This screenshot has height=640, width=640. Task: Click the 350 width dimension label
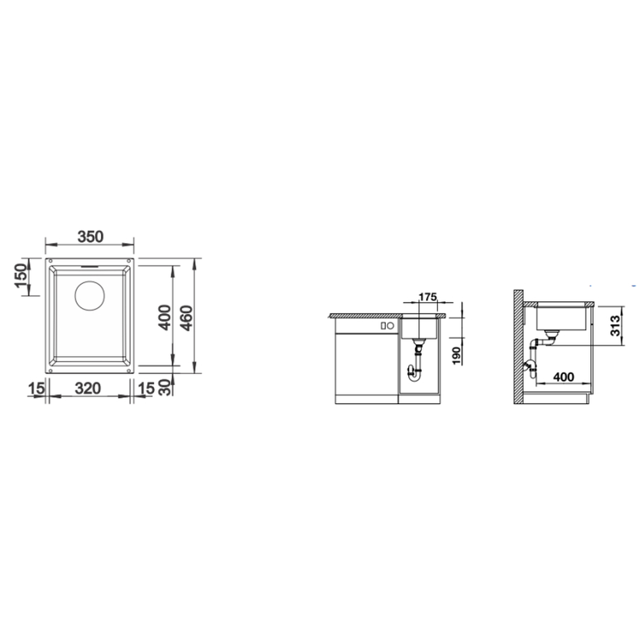[91, 236]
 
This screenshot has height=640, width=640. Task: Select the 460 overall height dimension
[185, 318]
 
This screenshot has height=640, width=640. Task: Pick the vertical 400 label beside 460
[165, 318]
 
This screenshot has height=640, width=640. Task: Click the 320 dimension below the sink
[88, 388]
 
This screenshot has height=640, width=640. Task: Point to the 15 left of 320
[36, 388]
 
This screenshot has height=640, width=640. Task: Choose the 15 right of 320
[146, 388]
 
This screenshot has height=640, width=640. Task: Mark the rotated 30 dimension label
[165, 387]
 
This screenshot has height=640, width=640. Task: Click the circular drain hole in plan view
[90, 296]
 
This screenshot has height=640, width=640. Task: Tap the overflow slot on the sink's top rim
[89, 265]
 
